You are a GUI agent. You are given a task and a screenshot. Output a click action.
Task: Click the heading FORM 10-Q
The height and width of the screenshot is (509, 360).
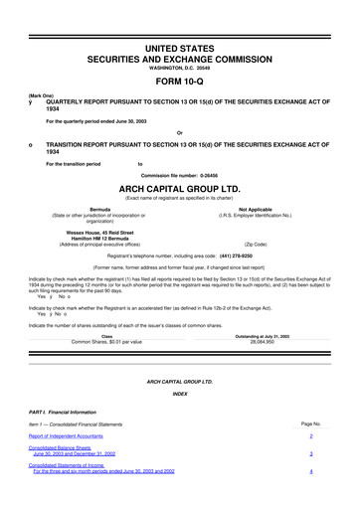coord(180,83)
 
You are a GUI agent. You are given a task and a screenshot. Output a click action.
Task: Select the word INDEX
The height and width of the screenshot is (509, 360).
coord(180,393)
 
